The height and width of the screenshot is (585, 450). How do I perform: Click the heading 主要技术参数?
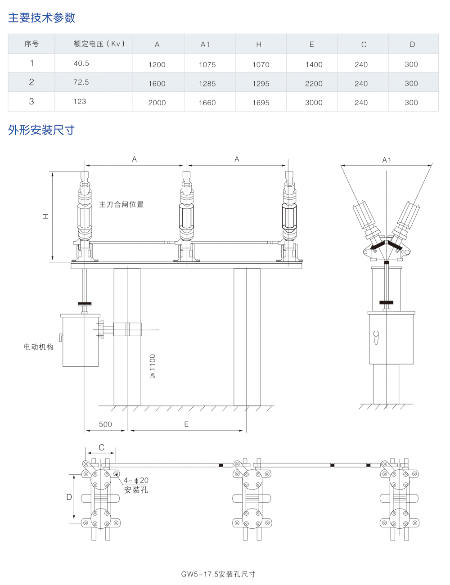41,18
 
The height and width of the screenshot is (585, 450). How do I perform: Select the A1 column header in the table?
205,44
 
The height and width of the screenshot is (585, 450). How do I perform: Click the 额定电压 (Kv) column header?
99,44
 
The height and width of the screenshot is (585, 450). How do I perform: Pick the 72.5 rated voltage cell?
81,82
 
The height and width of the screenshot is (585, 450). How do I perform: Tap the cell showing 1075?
207,64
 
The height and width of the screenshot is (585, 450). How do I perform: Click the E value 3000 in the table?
314,103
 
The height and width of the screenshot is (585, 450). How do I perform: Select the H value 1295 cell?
261,84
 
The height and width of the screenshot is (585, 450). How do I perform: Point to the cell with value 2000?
157,103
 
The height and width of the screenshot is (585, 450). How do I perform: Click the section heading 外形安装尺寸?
41,130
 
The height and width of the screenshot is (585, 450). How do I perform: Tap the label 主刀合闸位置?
121,204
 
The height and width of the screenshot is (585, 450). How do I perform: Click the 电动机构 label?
38,347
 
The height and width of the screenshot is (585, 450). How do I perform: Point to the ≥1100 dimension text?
153,366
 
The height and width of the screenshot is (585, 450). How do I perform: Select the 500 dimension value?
105,424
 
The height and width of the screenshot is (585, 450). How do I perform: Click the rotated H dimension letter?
45,216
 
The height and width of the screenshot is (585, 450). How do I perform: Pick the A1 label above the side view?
387,160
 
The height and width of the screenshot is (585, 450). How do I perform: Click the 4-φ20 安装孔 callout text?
136,485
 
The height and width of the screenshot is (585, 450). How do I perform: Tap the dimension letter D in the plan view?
69,497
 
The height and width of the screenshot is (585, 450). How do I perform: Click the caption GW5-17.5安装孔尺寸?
218,574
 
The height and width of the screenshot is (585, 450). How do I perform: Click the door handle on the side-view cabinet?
376,337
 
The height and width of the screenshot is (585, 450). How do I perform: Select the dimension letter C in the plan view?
101,447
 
